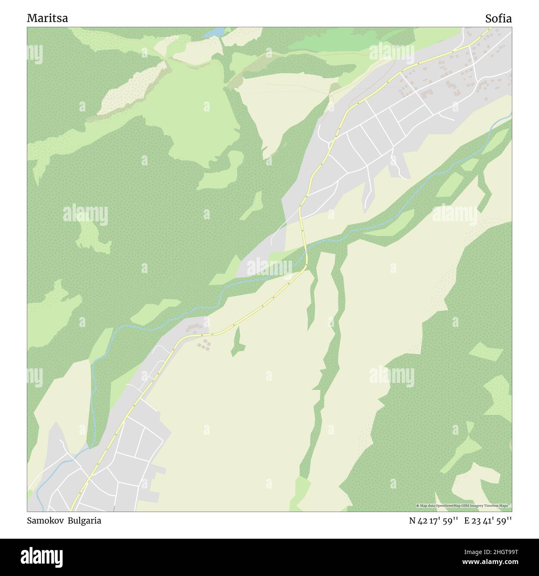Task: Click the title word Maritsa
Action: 48,19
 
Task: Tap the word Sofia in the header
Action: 498,19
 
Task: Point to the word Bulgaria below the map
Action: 85,521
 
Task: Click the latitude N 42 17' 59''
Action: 433,521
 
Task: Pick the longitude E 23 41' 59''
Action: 488,521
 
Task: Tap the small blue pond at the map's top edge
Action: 214,32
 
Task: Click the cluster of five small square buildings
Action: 204,344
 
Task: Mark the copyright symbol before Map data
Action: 418,506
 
